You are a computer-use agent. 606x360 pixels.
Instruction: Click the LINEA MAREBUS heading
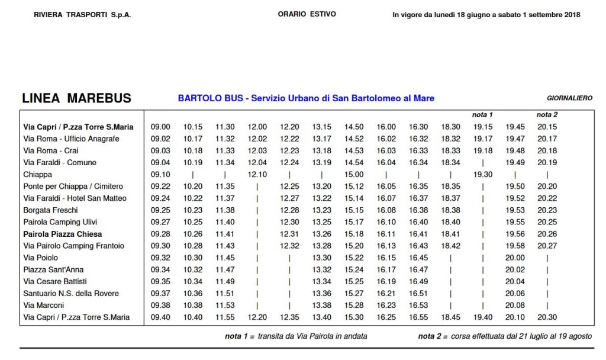tap(76, 98)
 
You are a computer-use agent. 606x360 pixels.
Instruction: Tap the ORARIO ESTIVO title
tap(307, 14)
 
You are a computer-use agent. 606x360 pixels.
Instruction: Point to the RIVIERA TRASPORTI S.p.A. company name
tap(82, 15)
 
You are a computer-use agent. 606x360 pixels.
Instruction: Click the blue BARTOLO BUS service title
tap(306, 98)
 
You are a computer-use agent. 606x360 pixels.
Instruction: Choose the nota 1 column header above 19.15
tap(482, 114)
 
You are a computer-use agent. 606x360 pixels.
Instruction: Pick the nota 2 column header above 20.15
tap(547, 114)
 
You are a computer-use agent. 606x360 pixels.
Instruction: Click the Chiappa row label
tap(37, 175)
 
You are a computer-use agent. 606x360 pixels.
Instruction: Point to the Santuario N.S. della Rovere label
tap(70, 293)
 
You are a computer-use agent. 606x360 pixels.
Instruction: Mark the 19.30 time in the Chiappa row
tap(483, 175)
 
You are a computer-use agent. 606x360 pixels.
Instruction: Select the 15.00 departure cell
tap(354, 175)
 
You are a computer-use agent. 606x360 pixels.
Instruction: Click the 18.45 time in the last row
tap(450, 317)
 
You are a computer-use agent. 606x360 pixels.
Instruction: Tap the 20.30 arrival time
tap(547, 317)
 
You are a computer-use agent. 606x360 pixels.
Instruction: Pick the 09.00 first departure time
tap(160, 127)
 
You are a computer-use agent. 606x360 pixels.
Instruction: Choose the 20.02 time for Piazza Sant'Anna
tap(515, 269)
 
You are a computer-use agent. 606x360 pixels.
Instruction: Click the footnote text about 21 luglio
tap(505, 336)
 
